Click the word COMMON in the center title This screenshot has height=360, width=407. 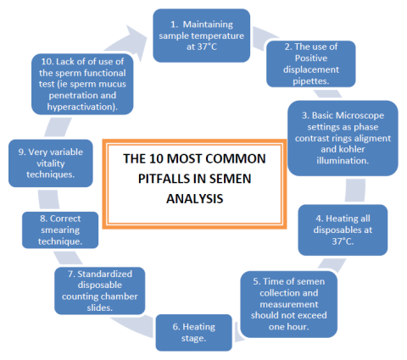[240, 158]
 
